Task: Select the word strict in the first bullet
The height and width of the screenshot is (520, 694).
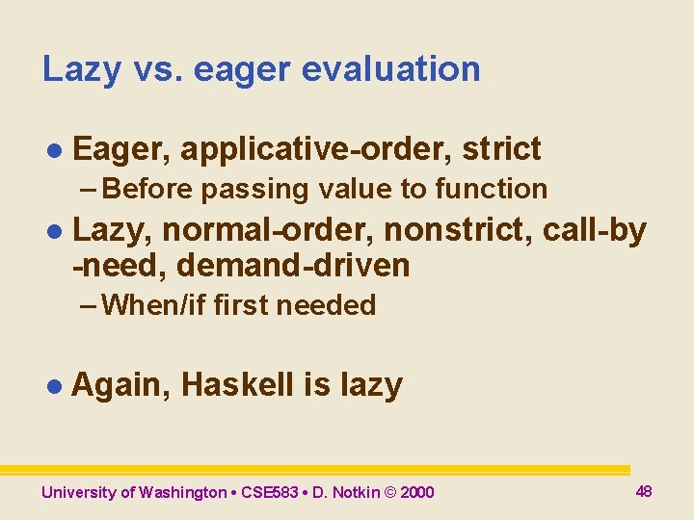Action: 501,149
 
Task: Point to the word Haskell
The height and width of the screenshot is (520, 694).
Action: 238,385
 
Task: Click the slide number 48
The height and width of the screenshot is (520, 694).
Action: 644,491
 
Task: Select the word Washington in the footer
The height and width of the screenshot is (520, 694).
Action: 182,493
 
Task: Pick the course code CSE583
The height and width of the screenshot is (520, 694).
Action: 271,493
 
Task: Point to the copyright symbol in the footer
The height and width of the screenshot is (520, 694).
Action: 390,493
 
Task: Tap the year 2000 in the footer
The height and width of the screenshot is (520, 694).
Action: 417,493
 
